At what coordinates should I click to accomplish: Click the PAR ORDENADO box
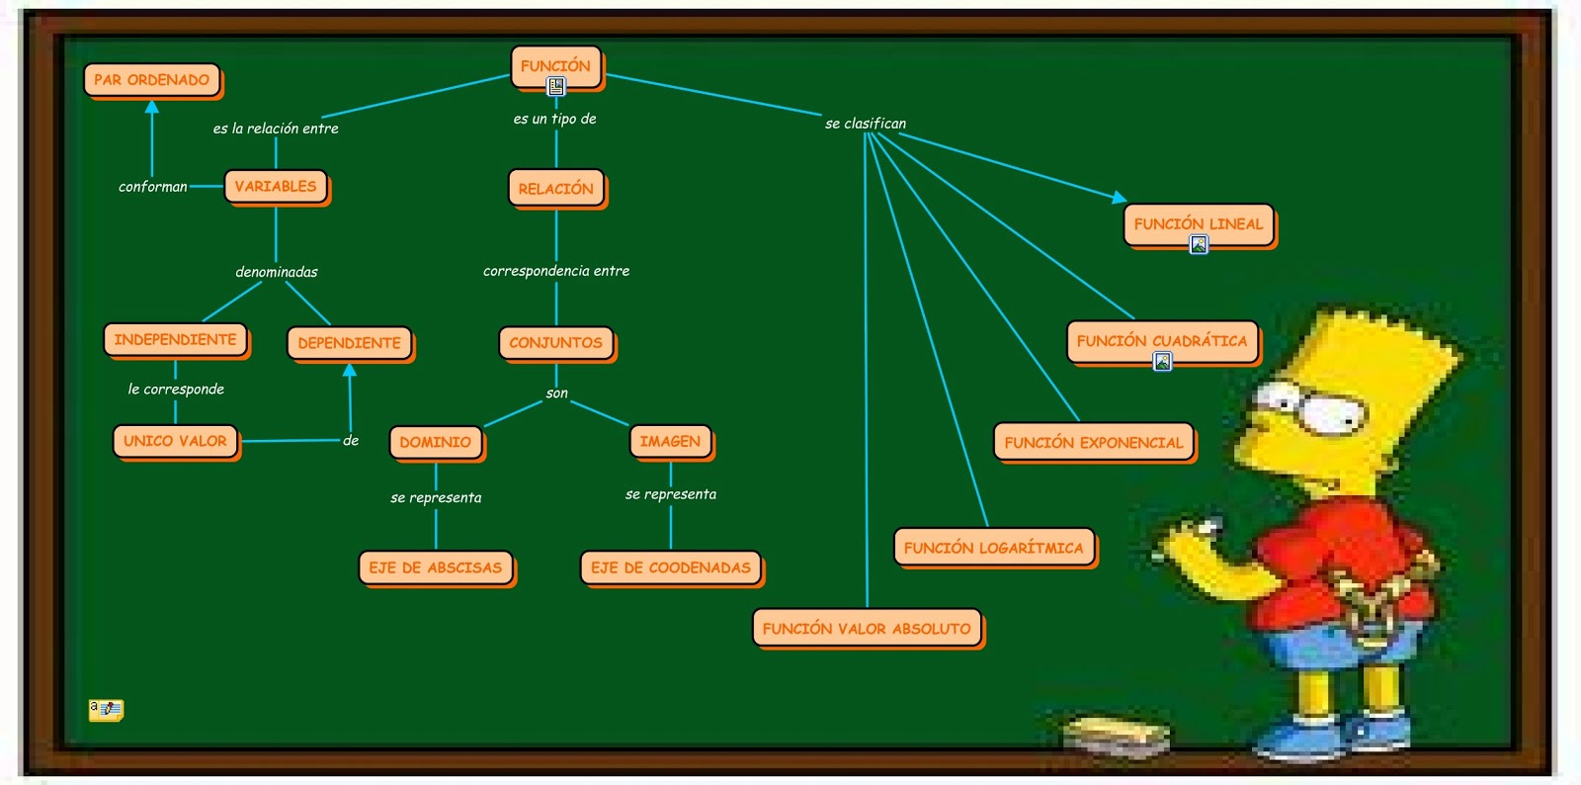coord(152,80)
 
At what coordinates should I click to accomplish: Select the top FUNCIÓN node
coord(555,65)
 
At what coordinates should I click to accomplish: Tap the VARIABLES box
coord(276,186)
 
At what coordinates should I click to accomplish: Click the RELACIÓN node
coord(555,188)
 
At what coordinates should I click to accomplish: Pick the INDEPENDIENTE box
coord(175,339)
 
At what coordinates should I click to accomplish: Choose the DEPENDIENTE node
coord(349,342)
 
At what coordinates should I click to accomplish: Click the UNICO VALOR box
coord(175,441)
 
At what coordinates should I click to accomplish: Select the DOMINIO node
coord(435,442)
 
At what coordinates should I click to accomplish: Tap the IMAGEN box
coord(670,441)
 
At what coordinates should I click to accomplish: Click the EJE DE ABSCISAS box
coord(435,567)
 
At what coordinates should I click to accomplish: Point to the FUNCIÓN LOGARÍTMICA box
coord(993,547)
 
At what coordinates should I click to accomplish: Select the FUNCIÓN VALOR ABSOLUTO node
coord(867,628)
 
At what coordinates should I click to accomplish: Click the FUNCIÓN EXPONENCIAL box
coord(1093,442)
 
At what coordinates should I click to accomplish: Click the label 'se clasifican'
coord(866,124)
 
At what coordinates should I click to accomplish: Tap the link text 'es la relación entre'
coord(276,129)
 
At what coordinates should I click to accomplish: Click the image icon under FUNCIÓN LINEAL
coord(1199,244)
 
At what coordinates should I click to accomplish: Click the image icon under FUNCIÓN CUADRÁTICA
coord(1163,362)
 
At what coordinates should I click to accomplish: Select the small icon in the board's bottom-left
coord(106,709)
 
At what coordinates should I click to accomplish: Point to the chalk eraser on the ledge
coord(1117,735)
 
